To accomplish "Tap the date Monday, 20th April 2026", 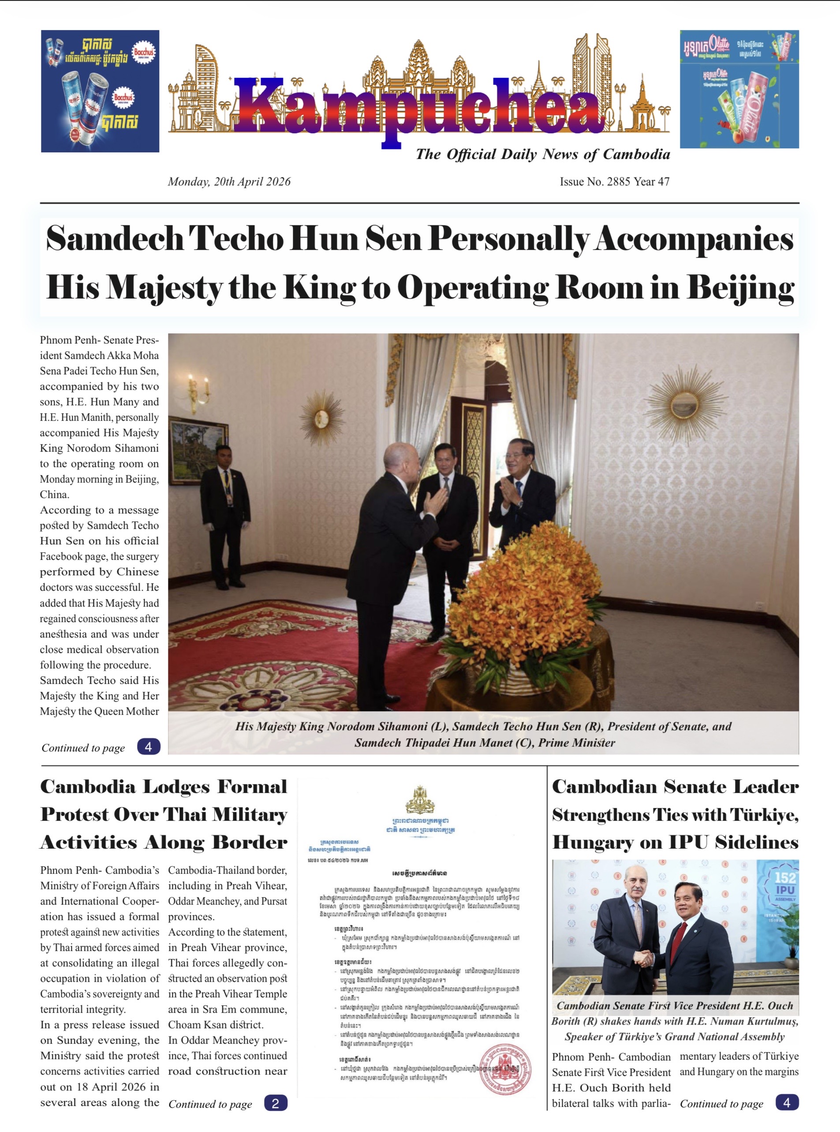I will point(229,182).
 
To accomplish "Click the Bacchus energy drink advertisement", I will point(100,91).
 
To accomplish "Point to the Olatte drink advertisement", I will point(739,90).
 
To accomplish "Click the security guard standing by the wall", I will point(225,514).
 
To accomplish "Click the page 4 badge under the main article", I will point(149,747).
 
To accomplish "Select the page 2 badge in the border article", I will point(276,1103).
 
